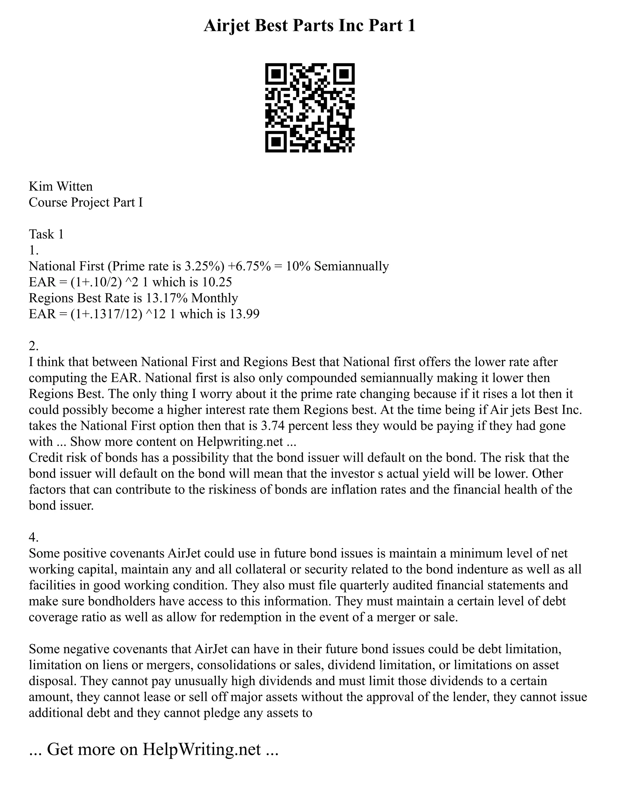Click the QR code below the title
click(310, 108)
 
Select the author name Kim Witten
click(61, 186)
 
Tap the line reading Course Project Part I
click(86, 202)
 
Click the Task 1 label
click(46, 234)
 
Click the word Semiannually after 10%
click(351, 266)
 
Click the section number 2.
click(33, 346)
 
